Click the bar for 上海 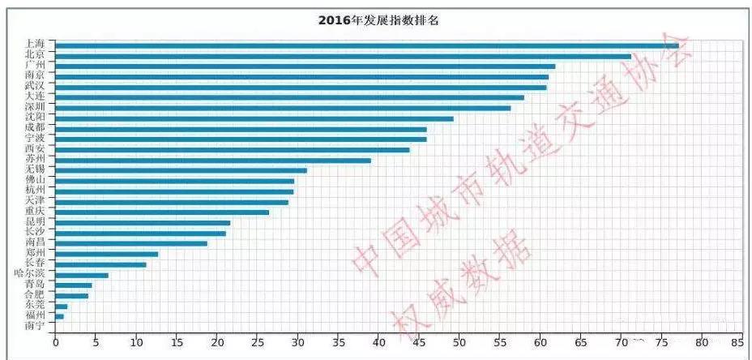pos(365,45)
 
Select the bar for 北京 pos(340,56)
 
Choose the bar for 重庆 pos(161,212)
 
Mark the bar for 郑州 pos(106,254)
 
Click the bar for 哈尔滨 pos(81,275)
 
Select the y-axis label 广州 pos(35,64)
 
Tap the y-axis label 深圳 pos(35,106)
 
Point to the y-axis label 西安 pos(35,148)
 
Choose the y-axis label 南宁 pos(35,325)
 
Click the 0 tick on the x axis pos(55,343)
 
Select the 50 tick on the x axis pos(459,343)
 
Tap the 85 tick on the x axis pos(736,343)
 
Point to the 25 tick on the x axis pos(257,343)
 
